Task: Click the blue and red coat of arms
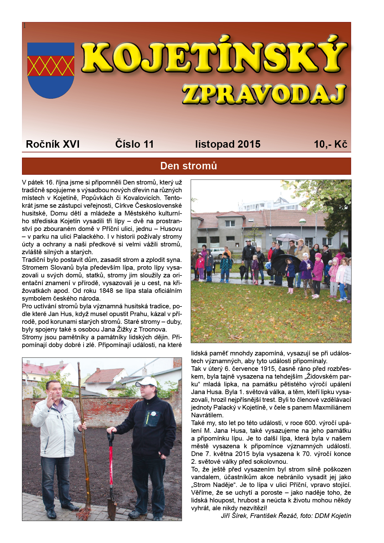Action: pos(51,70)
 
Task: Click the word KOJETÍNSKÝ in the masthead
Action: pos(214,58)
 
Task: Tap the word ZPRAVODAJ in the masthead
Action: pos(264,94)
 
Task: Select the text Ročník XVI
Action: pos(53,144)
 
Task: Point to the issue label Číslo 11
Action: pos(134,144)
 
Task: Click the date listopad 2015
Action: pos(228,144)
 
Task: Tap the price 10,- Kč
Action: pos(330,144)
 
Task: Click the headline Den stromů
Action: pos(189,166)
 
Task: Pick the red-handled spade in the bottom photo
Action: pos(111,474)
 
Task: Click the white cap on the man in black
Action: pos(147,381)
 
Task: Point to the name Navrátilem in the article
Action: pos(207,415)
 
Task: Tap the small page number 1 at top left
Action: pos(24,26)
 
